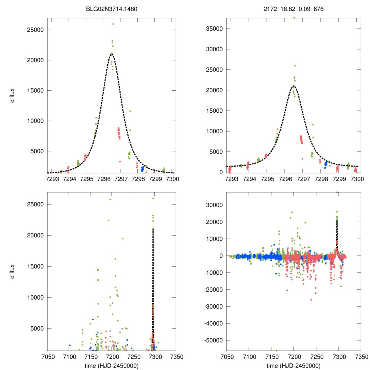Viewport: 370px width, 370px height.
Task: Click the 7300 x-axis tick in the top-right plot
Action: coord(357,178)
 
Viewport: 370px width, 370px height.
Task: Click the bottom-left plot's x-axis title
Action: coord(112,365)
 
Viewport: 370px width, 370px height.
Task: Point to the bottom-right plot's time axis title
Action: coord(293,365)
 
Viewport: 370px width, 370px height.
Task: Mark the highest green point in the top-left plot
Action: coord(113,24)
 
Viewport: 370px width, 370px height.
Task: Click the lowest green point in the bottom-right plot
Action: coord(276,350)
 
